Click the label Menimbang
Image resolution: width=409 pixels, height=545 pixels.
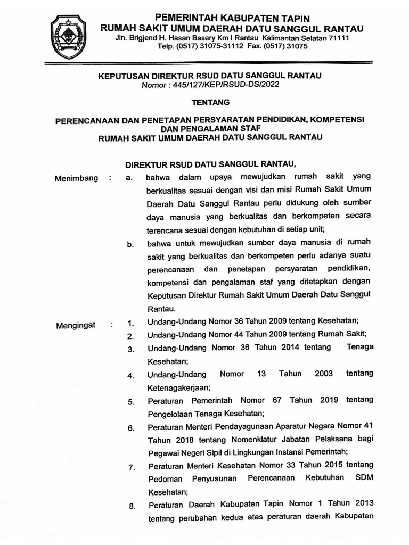click(x=76, y=178)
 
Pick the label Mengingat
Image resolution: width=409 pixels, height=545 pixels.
click(x=76, y=325)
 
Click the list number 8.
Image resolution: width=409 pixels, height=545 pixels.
click(x=131, y=506)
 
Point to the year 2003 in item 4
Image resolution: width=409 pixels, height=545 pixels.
click(x=324, y=374)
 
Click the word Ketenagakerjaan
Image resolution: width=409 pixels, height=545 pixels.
click(x=179, y=387)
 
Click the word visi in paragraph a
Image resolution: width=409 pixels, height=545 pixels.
click(x=273, y=189)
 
